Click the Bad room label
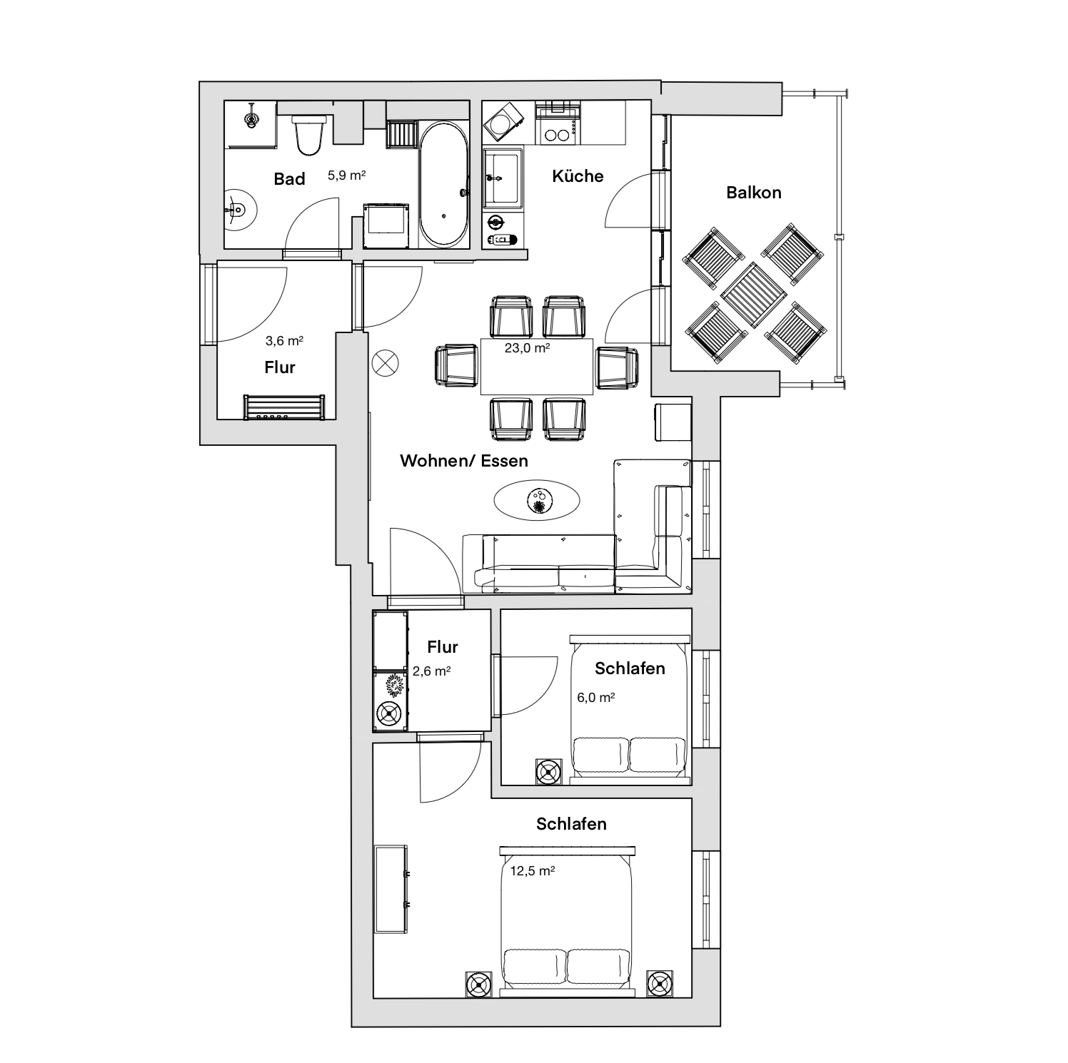pos(289,179)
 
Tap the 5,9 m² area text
pos(347,175)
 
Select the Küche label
pos(578,176)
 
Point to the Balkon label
pos(754,193)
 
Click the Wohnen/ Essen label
pos(464,461)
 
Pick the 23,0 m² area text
pos(528,349)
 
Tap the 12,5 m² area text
pos(533,871)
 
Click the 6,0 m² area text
pos(596,697)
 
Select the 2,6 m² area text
pos(431,671)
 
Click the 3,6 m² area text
pos(284,341)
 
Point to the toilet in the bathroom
pos(309,134)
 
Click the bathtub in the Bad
pos(444,184)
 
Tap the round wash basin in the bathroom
pos(239,210)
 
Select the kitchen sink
pos(503,176)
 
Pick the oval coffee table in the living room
pos(537,499)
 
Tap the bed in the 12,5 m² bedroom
pos(567,920)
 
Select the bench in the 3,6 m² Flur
pos(284,407)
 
